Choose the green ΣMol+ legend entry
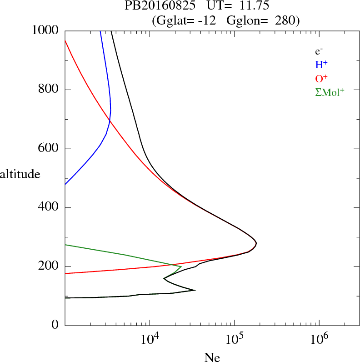(330, 92)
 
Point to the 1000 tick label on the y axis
(46, 30)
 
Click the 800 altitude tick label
(49, 90)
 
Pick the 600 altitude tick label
(49, 149)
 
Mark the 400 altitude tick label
(49, 208)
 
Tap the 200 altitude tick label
(49, 266)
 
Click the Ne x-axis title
(212, 357)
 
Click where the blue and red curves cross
(109, 121)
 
